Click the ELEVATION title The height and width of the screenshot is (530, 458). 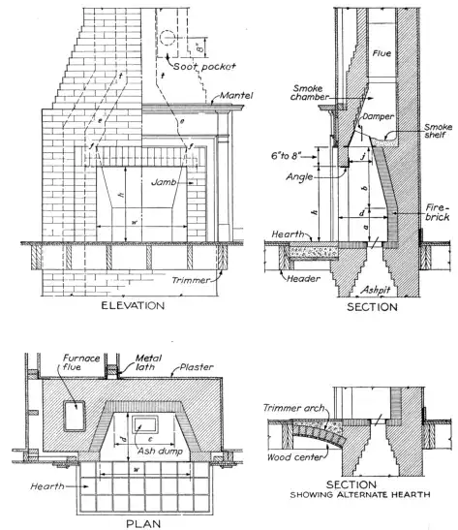[x=137, y=306]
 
